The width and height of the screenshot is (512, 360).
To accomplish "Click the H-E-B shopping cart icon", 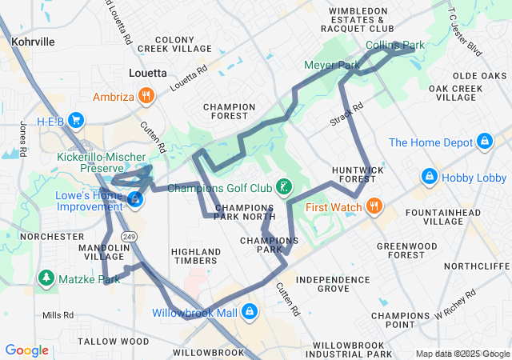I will [x=77, y=121].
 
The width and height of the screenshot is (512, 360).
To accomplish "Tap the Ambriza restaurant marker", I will [x=146, y=97].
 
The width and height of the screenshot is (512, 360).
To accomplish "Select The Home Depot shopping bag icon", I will [x=484, y=142].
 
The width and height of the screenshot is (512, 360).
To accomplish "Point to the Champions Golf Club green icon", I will [x=283, y=188].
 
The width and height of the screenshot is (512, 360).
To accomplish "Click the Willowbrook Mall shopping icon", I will [x=250, y=310].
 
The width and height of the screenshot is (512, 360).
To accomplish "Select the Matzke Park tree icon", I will [x=46, y=278].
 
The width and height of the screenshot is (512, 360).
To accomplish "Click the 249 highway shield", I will [x=128, y=236].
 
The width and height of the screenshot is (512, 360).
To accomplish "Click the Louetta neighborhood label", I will [x=148, y=73].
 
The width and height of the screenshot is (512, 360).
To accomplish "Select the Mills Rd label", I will [x=58, y=315].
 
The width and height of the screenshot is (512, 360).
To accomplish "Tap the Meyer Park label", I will [x=332, y=64].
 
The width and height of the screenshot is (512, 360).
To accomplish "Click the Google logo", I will [x=27, y=350].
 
